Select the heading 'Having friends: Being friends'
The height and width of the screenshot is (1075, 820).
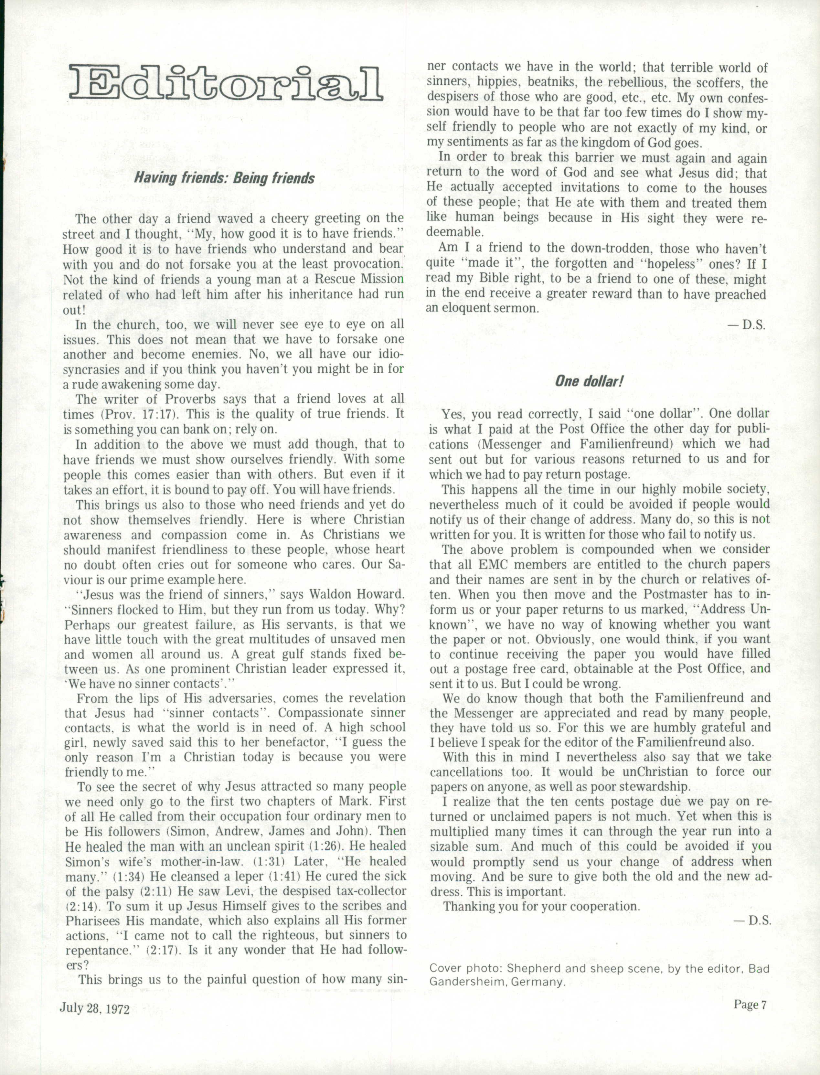(225, 178)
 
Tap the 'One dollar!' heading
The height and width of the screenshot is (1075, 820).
(589, 381)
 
